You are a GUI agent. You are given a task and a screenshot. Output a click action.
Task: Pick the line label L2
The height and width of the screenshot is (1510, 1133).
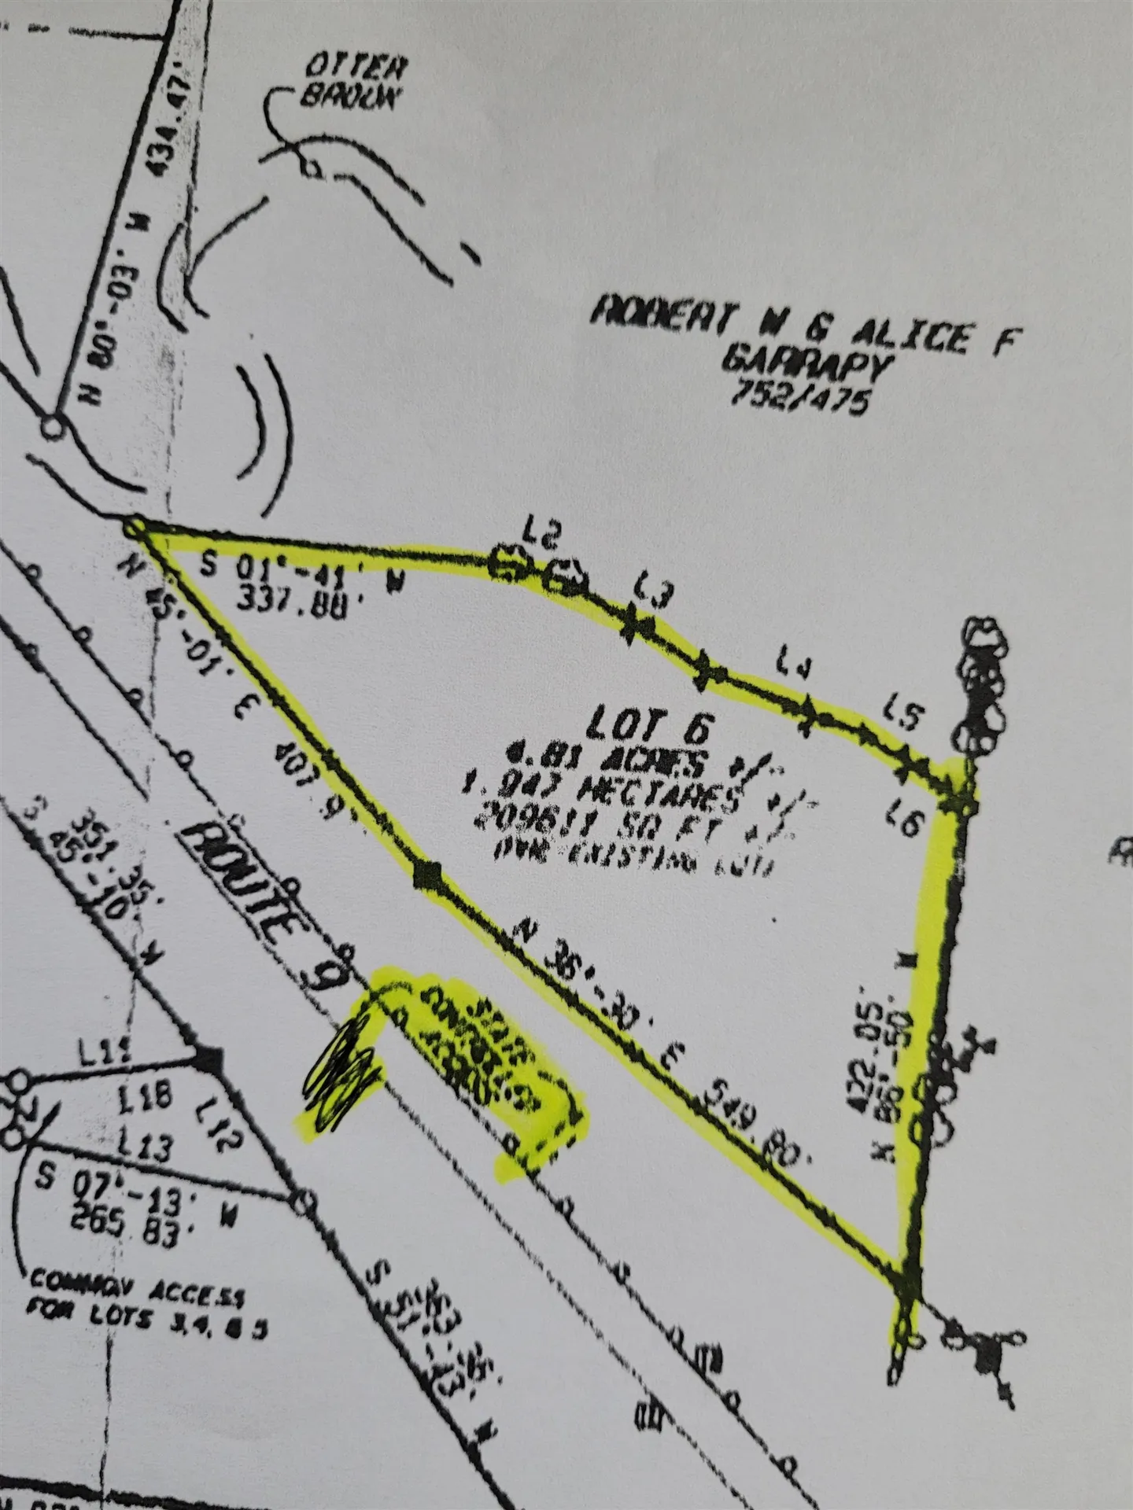click(x=541, y=537)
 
